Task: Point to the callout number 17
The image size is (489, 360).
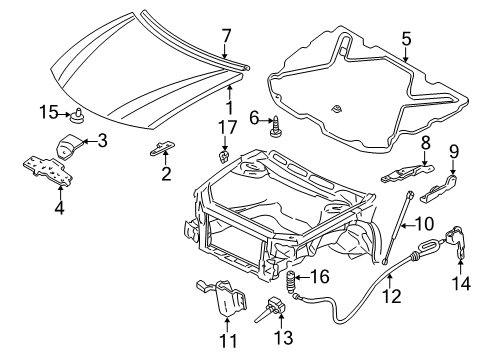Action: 226,126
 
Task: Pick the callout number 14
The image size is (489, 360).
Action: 461,284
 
